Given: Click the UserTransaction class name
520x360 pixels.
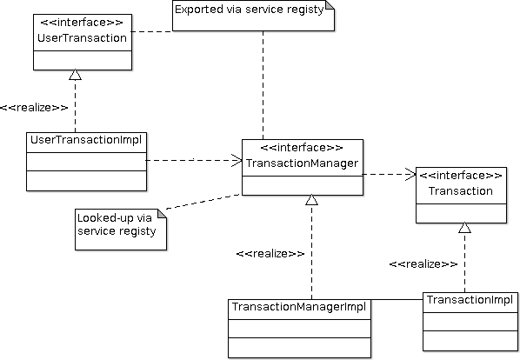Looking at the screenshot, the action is (x=82, y=37).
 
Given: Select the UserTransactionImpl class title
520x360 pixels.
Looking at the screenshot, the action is (x=86, y=140).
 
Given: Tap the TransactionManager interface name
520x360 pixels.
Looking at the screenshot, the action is (x=302, y=163).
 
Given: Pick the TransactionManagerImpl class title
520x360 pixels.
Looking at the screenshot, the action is (x=299, y=307).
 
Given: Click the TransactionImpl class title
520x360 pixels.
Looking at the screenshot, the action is (x=470, y=300).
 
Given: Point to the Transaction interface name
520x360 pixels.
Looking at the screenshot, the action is (x=461, y=191).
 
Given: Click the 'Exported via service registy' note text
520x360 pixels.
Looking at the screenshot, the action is (x=249, y=10).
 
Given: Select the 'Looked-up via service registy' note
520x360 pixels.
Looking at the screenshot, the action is (x=121, y=230).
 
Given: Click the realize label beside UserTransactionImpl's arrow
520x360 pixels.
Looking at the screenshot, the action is (x=34, y=108).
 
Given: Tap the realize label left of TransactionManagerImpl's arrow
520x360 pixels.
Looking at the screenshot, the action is (x=270, y=254).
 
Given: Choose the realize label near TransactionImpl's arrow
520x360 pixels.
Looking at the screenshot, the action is (x=423, y=264).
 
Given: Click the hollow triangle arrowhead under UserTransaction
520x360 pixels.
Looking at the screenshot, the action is (x=76, y=75).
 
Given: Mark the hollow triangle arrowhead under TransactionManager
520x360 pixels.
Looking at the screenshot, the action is (x=311, y=199).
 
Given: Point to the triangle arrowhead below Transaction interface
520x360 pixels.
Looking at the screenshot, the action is (x=464, y=228).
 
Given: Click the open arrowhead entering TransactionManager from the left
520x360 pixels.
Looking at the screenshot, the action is (x=237, y=161).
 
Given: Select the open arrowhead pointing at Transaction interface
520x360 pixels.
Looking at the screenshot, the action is (x=410, y=175).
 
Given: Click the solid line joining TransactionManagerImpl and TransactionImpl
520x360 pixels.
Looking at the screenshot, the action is (x=397, y=300).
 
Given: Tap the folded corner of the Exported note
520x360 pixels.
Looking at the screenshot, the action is (x=330, y=5).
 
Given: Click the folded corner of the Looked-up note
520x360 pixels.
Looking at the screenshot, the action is (x=162, y=214).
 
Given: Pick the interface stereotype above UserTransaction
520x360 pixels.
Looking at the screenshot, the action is (x=82, y=23).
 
